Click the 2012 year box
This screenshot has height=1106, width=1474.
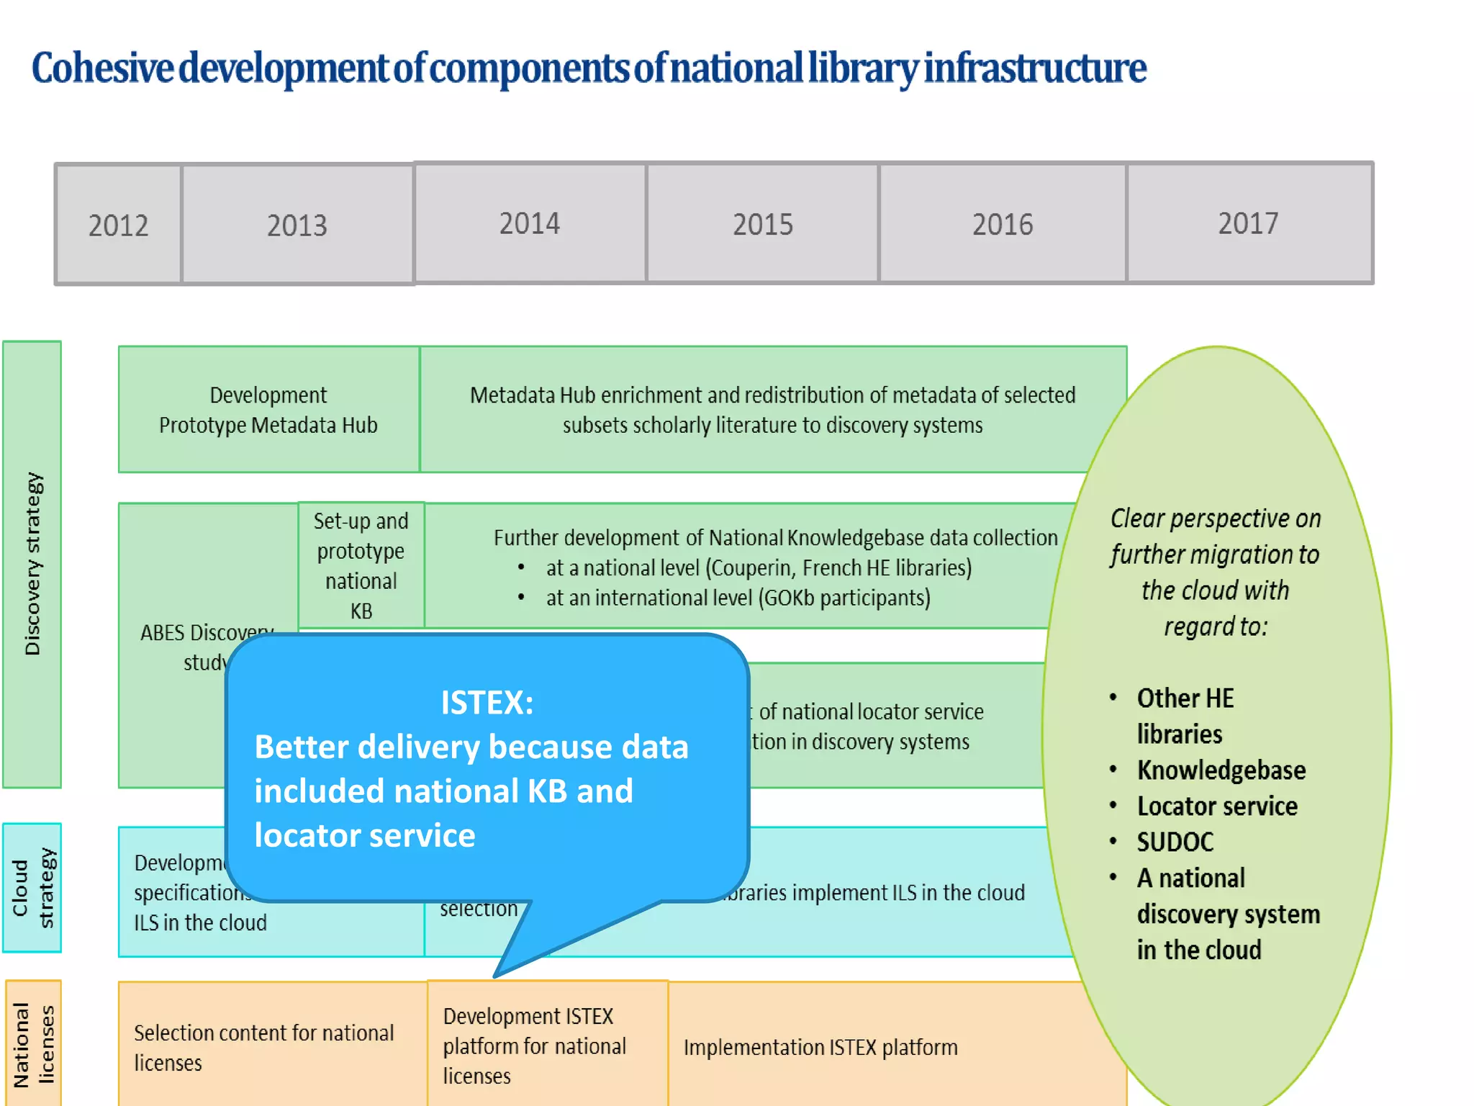tap(119, 225)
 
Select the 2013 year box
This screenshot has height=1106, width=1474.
tap(297, 225)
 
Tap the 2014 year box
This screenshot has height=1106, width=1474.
tap(530, 223)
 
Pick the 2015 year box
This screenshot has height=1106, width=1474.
tap(763, 223)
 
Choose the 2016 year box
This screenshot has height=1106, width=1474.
tap(1003, 223)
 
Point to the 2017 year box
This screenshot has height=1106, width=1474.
tap(1249, 223)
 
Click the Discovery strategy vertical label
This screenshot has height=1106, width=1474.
tap(32, 564)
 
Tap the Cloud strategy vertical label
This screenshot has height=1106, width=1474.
tap(32, 888)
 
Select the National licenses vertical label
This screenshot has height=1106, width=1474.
tap(32, 1044)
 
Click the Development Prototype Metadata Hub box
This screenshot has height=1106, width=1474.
tap(268, 410)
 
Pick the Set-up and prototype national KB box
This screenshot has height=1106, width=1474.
tap(361, 565)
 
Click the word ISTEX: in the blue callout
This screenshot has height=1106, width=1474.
tap(487, 703)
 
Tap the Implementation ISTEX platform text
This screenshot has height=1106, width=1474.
tap(820, 1047)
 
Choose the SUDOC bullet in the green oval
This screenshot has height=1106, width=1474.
tap(1175, 842)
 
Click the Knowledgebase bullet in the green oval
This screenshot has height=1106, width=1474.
tap(1221, 770)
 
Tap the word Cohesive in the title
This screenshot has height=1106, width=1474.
tap(102, 68)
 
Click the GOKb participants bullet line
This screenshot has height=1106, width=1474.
tap(738, 598)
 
